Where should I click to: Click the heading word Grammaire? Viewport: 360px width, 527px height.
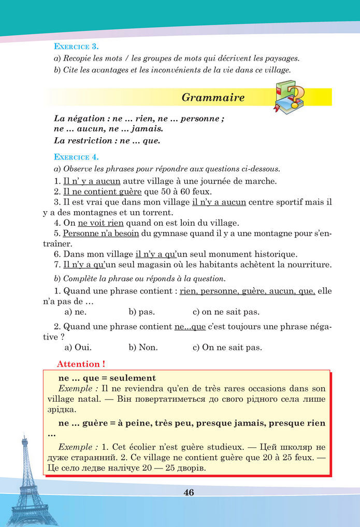point(213,98)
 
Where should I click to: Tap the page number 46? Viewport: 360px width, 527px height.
point(189,492)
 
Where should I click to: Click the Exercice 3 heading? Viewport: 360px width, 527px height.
point(77,46)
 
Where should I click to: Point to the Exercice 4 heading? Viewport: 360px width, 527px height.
point(77,156)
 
